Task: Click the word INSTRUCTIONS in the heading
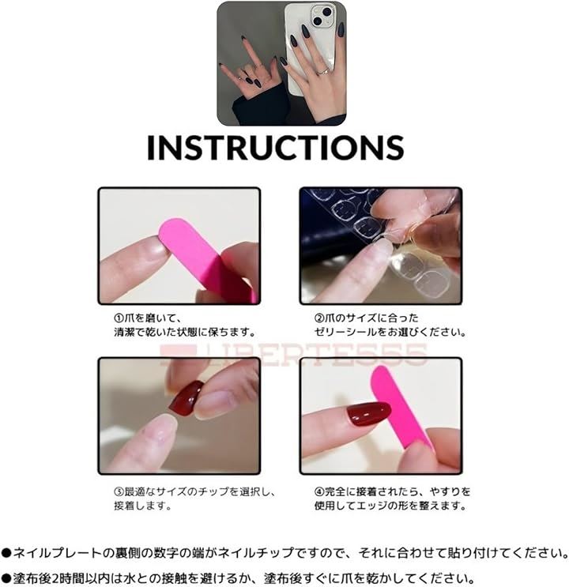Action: (x=276, y=148)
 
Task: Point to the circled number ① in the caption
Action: (x=119, y=318)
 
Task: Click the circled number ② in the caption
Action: (x=318, y=318)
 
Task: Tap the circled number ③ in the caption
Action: (x=119, y=491)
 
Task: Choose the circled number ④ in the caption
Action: (x=318, y=491)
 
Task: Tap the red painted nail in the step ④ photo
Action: (x=368, y=413)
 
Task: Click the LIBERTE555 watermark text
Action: (x=293, y=355)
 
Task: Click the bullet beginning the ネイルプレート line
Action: (x=6, y=553)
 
